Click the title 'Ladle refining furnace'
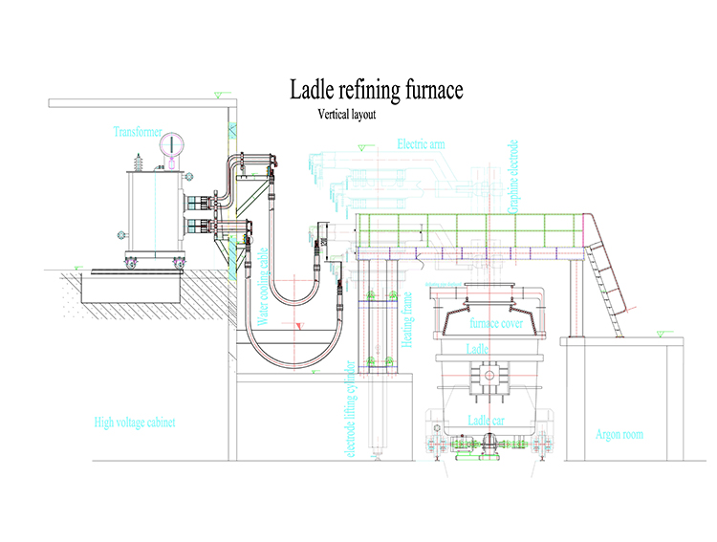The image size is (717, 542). tap(377, 90)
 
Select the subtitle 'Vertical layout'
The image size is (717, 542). tap(348, 114)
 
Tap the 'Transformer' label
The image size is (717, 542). tap(138, 131)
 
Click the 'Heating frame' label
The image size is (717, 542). tap(408, 319)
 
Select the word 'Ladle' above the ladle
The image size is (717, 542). tap(478, 350)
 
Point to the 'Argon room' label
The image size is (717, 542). tap(619, 435)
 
